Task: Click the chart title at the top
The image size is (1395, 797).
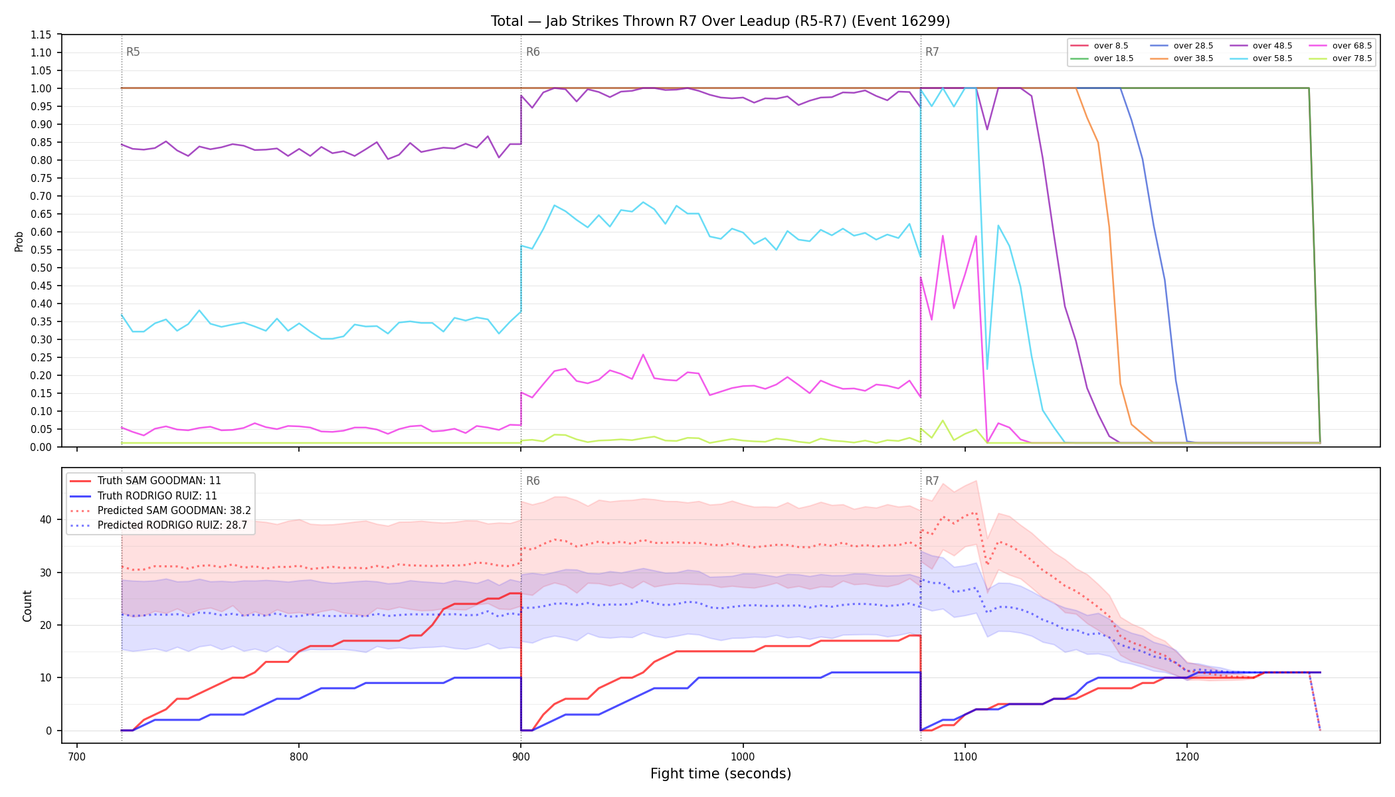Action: click(720, 21)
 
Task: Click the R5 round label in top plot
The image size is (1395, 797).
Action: click(133, 52)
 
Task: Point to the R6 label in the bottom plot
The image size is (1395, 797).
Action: click(533, 481)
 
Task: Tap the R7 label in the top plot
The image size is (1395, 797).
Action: click(932, 52)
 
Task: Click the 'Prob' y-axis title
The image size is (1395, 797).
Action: click(19, 241)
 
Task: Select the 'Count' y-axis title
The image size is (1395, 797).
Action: click(27, 606)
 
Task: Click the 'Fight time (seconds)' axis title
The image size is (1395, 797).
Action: click(721, 774)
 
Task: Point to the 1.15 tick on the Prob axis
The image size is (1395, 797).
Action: click(41, 35)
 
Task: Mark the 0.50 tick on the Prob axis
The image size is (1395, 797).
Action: click(41, 268)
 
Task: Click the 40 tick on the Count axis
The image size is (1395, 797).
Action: click(46, 519)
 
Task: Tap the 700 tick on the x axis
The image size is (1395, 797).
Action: click(77, 756)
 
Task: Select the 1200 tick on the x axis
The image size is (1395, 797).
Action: click(1187, 756)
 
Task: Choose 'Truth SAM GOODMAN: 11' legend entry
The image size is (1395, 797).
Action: click(159, 481)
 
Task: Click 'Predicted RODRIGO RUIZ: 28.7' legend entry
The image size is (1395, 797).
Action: click(173, 525)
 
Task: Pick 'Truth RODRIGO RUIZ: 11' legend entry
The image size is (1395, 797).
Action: click(157, 496)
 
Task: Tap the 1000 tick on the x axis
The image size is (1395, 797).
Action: click(743, 756)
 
